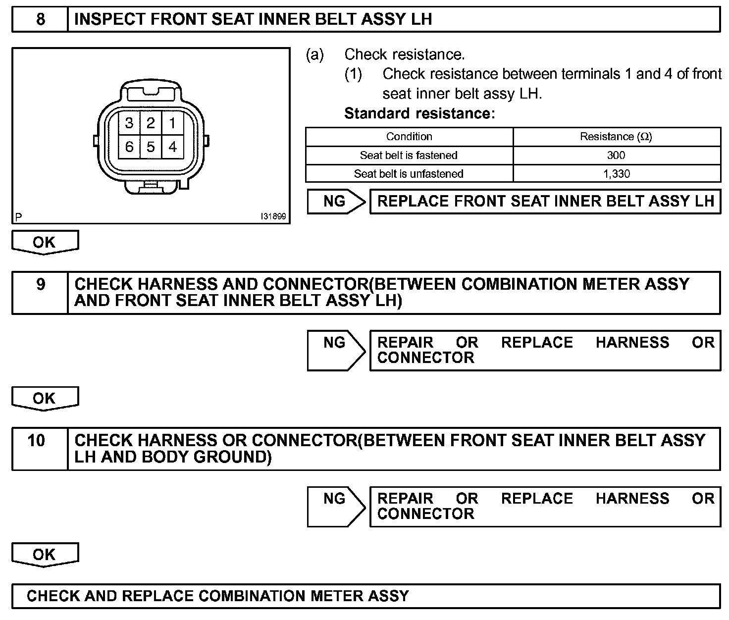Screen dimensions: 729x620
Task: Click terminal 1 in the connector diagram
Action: (172, 123)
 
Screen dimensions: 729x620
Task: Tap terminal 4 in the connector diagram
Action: (172, 147)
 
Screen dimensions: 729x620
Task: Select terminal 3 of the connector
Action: (129, 123)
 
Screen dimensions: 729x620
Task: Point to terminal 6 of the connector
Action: (129, 147)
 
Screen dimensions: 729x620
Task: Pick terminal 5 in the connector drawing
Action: (151, 147)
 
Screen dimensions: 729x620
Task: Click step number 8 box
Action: (40, 19)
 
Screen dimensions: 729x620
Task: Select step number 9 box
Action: (40, 292)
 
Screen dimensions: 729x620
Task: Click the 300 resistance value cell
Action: (616, 155)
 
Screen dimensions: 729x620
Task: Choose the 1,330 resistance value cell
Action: (616, 174)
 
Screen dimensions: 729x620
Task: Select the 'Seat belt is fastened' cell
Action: (409, 155)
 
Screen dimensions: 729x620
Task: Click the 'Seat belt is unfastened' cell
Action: (409, 174)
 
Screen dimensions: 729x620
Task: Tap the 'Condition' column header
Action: (409, 137)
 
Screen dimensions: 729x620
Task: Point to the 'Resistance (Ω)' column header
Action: (616, 137)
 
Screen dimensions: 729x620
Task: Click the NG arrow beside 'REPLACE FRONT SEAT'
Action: (335, 202)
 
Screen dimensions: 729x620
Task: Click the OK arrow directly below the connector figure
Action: (45, 242)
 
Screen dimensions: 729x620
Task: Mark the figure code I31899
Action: (273, 217)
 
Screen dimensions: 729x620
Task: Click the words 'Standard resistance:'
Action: (419, 113)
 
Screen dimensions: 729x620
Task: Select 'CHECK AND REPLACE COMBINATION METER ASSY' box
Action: (366, 596)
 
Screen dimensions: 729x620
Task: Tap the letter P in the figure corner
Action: (18, 217)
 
